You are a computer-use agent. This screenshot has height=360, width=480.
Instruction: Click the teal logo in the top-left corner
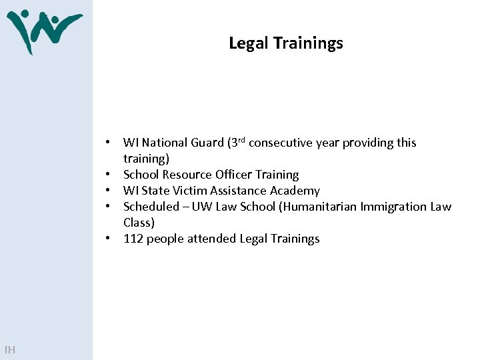[x=44, y=31]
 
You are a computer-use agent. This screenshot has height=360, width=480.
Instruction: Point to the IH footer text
[x=10, y=350]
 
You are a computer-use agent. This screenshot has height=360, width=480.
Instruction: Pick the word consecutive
[x=280, y=143]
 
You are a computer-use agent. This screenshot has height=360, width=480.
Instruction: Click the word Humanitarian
[x=318, y=207]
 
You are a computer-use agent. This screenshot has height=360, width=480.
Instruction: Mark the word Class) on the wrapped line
[x=139, y=223]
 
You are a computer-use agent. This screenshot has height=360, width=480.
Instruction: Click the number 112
[x=133, y=239]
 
